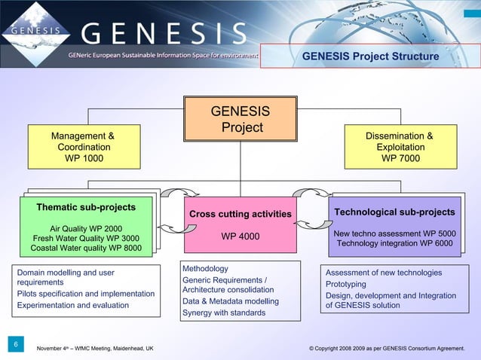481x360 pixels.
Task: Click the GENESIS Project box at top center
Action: [x=240, y=120]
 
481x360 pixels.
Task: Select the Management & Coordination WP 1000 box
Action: [x=83, y=147]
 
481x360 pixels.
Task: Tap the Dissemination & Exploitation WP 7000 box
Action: [x=400, y=147]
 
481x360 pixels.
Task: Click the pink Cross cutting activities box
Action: [x=240, y=225]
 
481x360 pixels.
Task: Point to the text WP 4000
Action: [x=240, y=237]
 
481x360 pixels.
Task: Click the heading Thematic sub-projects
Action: [x=86, y=207]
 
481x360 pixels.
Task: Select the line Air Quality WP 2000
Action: [x=86, y=228]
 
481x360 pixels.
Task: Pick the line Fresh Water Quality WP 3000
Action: [x=86, y=239]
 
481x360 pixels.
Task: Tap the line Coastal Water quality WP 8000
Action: [x=86, y=249]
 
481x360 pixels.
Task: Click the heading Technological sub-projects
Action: [x=394, y=212]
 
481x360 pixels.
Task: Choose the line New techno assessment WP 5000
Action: [x=394, y=233]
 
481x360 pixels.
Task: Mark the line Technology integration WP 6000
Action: [x=394, y=243]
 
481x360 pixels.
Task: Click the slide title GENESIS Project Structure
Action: [x=370, y=56]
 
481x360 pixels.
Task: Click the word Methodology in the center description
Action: [x=205, y=269]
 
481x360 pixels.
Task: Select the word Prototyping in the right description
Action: [x=345, y=284]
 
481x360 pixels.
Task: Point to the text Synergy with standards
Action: [x=224, y=313]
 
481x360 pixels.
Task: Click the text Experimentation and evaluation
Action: [x=73, y=305]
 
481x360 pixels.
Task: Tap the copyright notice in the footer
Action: [x=387, y=349]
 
